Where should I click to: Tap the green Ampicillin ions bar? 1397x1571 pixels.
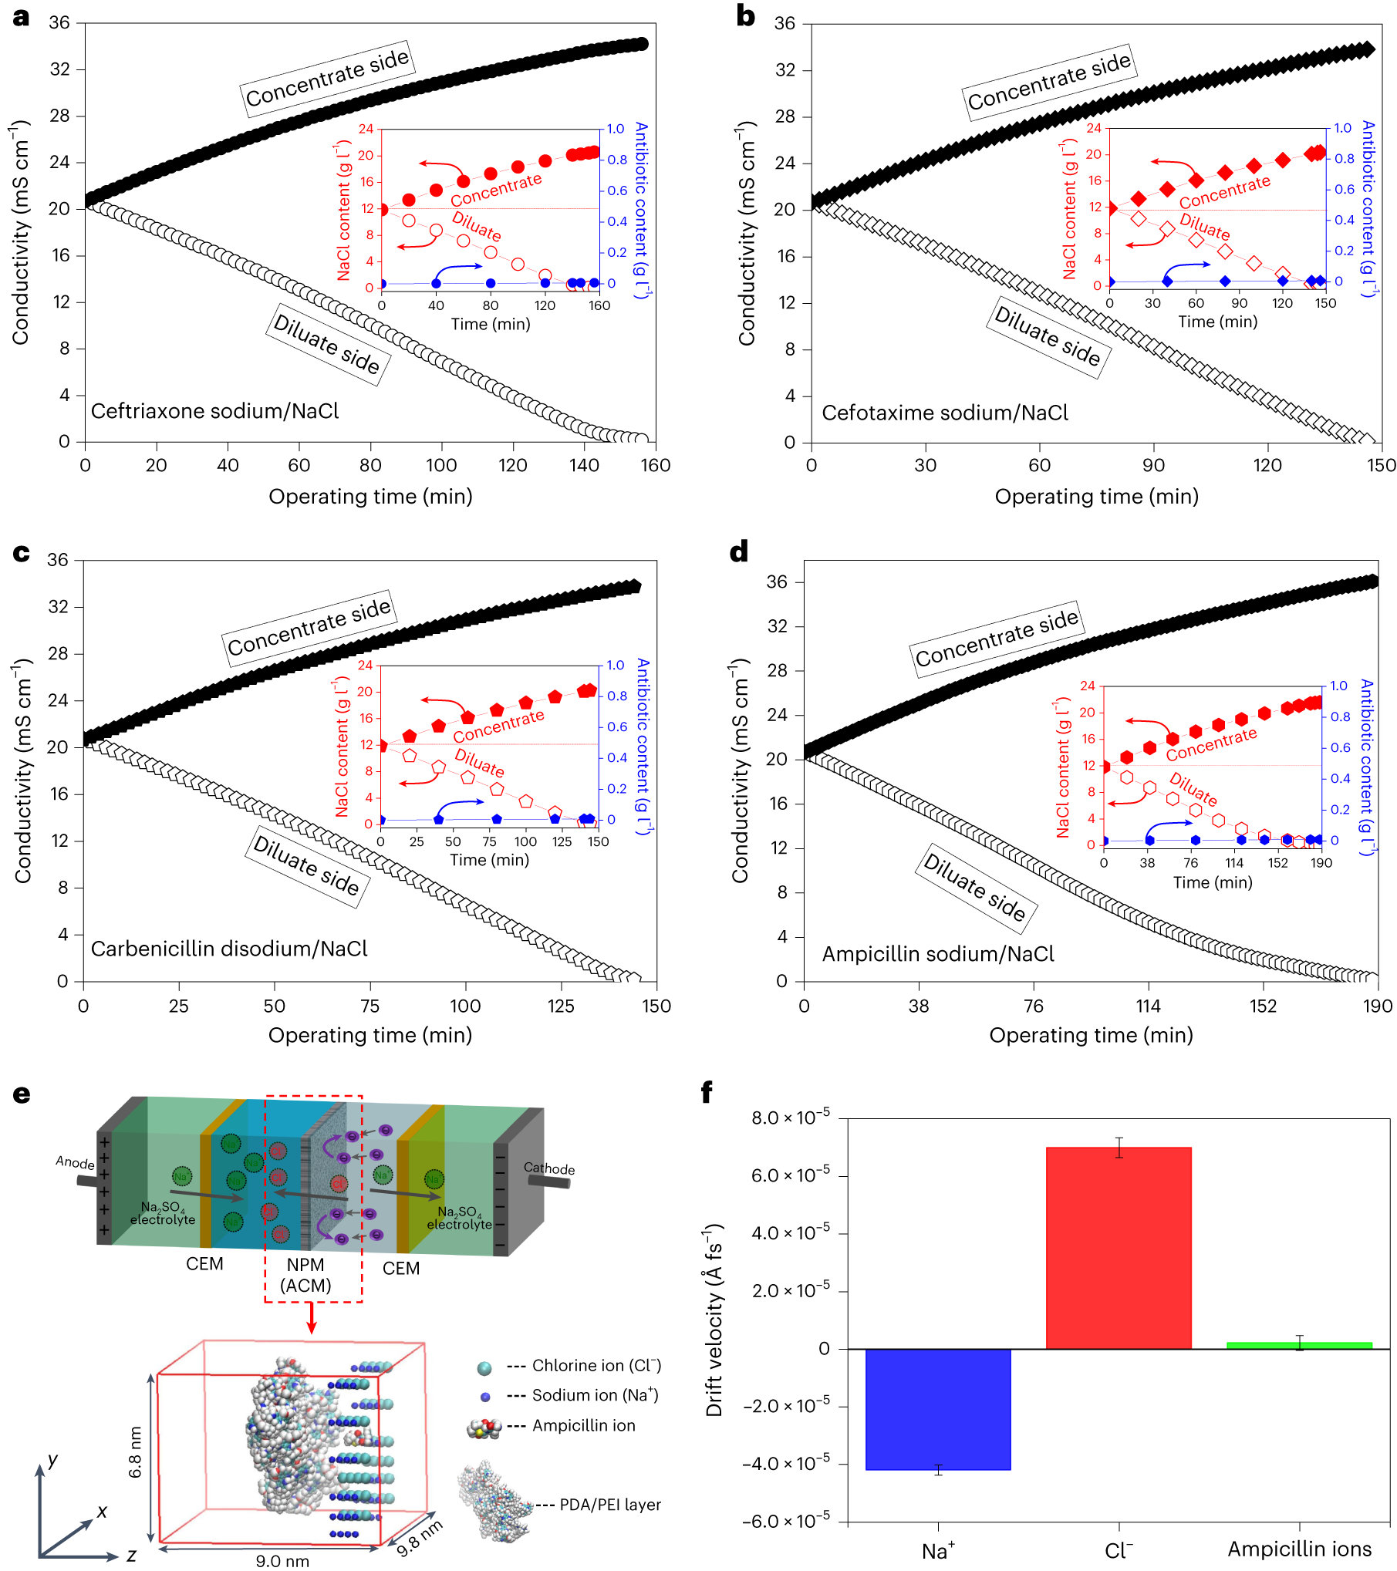(1299, 1346)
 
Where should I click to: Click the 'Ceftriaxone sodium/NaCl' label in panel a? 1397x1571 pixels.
(214, 411)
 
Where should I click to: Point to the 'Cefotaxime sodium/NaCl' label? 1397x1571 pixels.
(944, 413)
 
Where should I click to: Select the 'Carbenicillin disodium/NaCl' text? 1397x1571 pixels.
(229, 949)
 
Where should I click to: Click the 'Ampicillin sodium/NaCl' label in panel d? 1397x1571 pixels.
(937, 955)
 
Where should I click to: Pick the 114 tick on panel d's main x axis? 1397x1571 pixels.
(1148, 1006)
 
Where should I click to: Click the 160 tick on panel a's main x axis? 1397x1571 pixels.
(655, 465)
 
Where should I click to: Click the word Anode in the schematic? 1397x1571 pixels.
(75, 1162)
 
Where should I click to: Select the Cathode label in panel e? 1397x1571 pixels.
(548, 1168)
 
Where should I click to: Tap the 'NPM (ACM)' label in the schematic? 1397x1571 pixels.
(305, 1275)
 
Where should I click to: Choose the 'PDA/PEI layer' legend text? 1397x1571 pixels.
(609, 1505)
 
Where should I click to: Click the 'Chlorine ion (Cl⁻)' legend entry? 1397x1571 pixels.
(596, 1366)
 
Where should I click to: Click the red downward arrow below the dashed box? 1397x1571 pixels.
(311, 1318)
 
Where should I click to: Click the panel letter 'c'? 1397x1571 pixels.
(21, 554)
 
